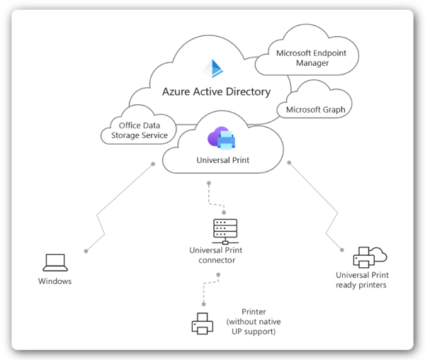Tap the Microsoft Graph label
(315, 110)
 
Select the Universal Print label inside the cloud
(222, 160)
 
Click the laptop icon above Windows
(55, 263)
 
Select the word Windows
(55, 281)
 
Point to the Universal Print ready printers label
(362, 280)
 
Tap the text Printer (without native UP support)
(253, 322)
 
